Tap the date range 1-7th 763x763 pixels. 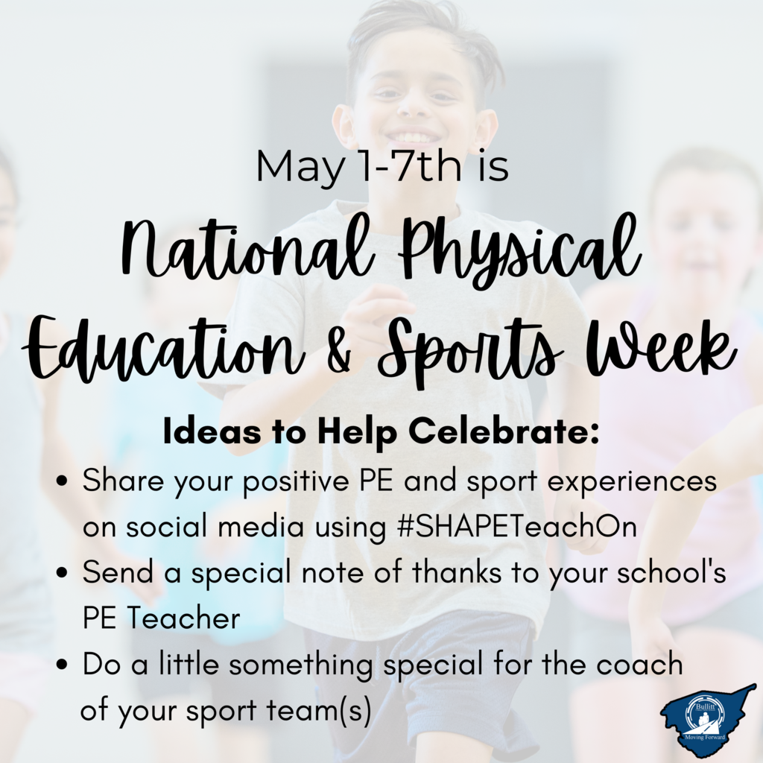coord(407,165)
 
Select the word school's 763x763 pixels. coord(671,572)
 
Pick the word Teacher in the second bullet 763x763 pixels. coord(185,618)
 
